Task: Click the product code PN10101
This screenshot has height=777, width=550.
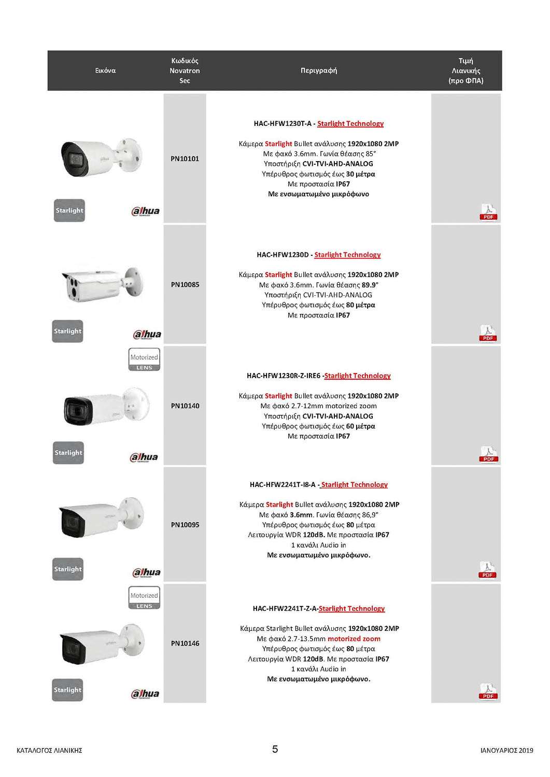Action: [185, 159]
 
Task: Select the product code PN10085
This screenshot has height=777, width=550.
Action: [185, 284]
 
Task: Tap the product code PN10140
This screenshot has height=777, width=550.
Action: [185, 406]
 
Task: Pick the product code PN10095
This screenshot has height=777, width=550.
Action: [185, 525]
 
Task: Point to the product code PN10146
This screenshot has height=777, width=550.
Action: [185, 643]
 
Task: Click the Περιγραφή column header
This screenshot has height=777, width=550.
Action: [318, 70]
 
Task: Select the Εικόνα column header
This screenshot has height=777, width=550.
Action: [105, 70]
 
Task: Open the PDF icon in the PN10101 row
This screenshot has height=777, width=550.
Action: [488, 211]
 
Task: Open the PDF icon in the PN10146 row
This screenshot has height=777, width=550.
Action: [488, 692]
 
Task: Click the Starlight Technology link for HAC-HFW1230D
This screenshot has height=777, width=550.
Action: [347, 255]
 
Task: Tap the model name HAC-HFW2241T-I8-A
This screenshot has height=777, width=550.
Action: [282, 485]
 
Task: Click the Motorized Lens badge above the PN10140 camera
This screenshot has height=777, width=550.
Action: [144, 359]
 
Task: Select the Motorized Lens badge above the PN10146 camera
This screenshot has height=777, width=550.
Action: [144, 598]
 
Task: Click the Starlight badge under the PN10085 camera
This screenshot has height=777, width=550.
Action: [67, 332]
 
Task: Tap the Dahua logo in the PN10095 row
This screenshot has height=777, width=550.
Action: [146, 572]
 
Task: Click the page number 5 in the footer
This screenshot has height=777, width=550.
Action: [275, 749]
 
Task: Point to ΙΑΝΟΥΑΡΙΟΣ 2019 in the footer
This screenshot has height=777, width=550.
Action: [506, 750]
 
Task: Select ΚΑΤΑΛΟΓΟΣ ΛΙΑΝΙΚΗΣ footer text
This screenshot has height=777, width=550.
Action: [49, 750]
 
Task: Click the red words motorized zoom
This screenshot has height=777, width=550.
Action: [354, 639]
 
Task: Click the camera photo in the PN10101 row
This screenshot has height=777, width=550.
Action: [101, 157]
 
